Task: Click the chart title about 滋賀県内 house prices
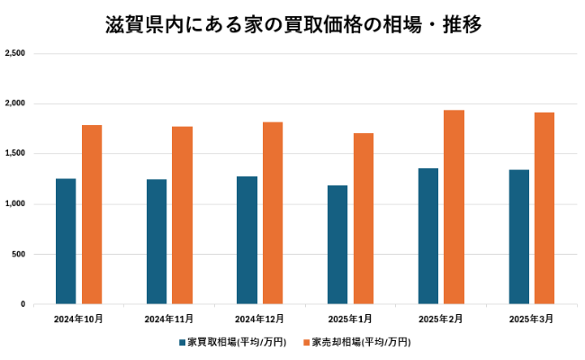pos(292,24)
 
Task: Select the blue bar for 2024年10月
pos(66,241)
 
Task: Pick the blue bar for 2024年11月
pos(157,241)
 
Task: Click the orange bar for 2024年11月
pos(183,215)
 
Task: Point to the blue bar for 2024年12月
pos(247,240)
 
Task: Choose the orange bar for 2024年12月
pos(273,213)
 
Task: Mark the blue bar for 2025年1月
pos(337,245)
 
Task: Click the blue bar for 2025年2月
pos(428,236)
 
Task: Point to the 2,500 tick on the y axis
pos(14,54)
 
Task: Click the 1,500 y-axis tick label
pos(14,154)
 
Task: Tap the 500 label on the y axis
pos(18,255)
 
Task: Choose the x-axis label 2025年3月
pos(531,319)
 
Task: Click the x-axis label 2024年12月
pos(260,319)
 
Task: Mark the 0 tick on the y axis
pos(22,304)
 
